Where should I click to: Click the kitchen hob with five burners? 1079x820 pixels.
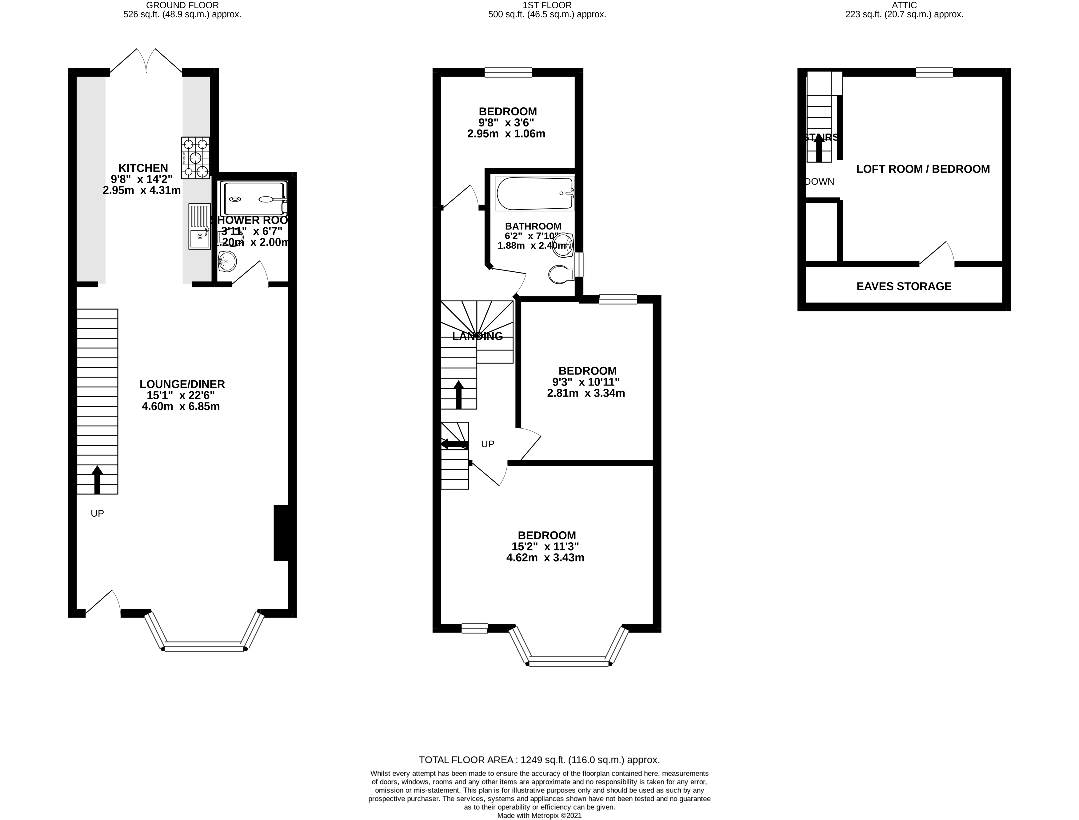[196, 158]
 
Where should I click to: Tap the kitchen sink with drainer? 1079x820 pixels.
[200, 226]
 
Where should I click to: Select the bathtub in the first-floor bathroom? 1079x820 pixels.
[534, 193]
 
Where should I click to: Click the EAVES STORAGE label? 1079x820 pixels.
[904, 286]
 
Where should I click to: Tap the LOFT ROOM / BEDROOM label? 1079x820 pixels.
[923, 169]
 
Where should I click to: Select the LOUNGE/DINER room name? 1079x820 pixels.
[182, 384]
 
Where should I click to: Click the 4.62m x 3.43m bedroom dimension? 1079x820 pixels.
[545, 558]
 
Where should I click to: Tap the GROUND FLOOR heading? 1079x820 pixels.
[182, 5]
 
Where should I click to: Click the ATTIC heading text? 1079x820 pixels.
[904, 5]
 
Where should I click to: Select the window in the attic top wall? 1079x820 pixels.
[934, 73]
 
